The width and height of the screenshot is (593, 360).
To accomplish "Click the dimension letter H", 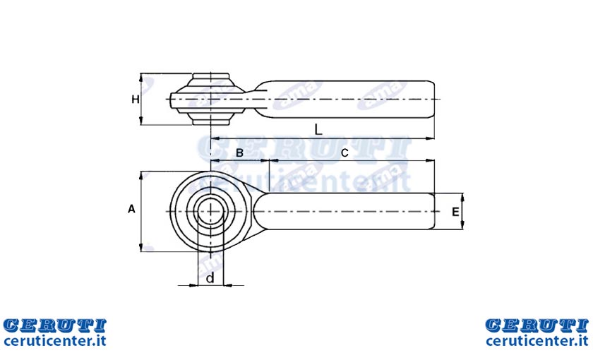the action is coord(136,100).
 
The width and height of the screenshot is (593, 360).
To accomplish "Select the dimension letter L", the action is coord(318,130).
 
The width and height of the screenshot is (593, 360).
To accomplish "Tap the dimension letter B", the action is coord(239,153).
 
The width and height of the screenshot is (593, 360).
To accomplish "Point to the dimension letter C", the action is coord(345,153).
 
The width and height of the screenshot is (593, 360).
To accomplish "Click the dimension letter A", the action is coord(131,209).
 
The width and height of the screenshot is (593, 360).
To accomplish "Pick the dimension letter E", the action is coord(455,212).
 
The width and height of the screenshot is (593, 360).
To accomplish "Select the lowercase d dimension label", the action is coord(210,278).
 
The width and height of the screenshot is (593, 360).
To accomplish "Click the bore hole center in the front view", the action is coord(210,211).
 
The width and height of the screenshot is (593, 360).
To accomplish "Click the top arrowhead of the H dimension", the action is coord(141,78).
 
